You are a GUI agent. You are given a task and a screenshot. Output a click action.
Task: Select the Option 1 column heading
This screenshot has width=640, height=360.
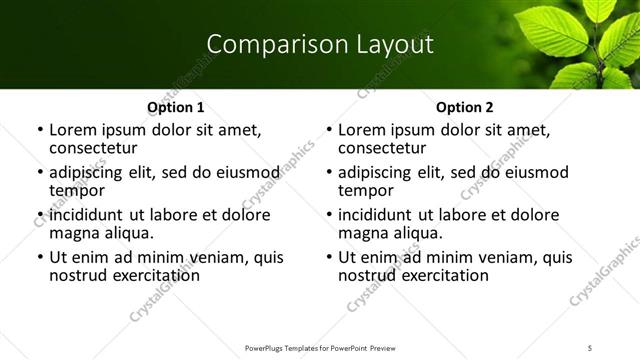[176, 107]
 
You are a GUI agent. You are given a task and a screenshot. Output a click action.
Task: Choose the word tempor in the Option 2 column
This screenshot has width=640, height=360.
[364, 191]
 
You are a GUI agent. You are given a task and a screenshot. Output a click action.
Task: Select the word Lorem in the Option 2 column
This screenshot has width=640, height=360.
[361, 130]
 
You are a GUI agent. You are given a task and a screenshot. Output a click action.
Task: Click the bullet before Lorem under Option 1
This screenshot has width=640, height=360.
[40, 131]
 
